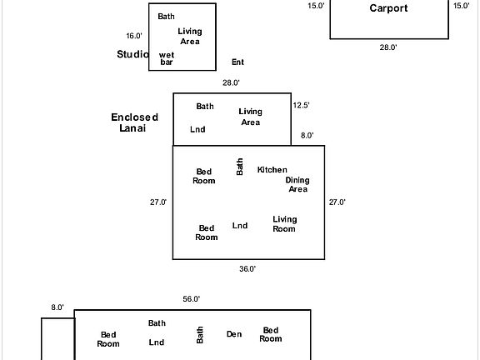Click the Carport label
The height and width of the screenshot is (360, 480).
tap(388, 8)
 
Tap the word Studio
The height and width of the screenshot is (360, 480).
tap(132, 54)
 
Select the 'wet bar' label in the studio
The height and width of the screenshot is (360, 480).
tap(167, 58)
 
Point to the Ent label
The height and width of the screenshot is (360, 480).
tap(237, 62)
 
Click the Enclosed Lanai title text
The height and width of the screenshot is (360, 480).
tap(134, 122)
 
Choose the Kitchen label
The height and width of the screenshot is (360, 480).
tap(272, 170)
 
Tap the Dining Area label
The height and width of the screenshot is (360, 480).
tap(297, 185)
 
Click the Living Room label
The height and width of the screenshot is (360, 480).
tap(285, 224)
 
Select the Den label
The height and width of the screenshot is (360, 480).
tap(234, 334)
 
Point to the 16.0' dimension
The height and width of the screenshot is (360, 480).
tap(134, 36)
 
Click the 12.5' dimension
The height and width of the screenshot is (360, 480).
tap(301, 105)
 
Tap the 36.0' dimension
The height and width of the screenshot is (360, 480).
tap(247, 269)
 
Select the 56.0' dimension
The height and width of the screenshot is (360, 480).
tap(192, 299)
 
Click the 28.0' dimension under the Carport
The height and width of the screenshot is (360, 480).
tap(388, 47)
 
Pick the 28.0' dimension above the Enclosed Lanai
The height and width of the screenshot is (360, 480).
tap(231, 82)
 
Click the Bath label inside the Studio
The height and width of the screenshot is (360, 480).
tap(166, 16)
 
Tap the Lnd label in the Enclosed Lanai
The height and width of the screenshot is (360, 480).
tap(197, 129)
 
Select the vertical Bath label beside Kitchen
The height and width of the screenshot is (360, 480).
tap(240, 167)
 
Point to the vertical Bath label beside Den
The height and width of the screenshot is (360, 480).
tap(200, 335)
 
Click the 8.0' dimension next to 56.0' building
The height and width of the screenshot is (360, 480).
tap(57, 307)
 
